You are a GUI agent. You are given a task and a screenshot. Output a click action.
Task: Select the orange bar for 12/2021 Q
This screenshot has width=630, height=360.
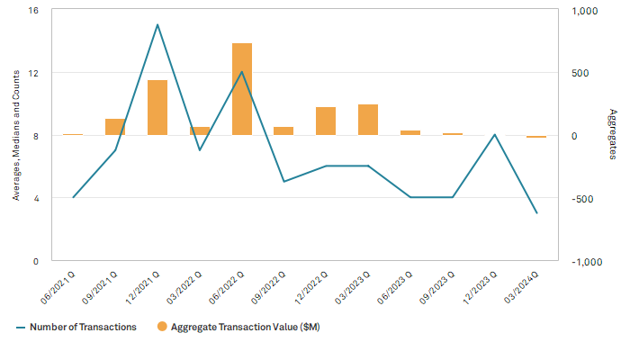[157, 108]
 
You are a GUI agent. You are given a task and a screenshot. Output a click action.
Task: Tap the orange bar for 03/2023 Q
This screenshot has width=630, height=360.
[368, 120]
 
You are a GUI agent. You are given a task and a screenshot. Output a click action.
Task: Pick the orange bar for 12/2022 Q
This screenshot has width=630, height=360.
[326, 121]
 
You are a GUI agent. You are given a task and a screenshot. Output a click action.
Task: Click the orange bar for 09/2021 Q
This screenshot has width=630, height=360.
[115, 127]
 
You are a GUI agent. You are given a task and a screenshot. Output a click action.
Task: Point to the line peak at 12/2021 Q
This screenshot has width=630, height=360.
[157, 24]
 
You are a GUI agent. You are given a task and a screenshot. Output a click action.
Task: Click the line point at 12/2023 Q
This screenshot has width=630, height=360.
[494, 135]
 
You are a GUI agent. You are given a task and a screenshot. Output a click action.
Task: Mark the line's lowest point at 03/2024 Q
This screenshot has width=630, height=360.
[536, 213]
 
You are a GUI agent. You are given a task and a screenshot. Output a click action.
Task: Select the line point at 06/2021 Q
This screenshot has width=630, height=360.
[73, 197]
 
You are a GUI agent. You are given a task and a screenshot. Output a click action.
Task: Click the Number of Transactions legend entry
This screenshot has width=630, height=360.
[76, 327]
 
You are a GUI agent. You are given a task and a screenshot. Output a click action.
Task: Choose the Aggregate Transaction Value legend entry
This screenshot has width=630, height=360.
[238, 327]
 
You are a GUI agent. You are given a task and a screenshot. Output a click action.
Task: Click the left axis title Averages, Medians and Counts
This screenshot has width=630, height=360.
[15, 136]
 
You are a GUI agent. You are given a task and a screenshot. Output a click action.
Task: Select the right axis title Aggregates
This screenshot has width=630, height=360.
[613, 136]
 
